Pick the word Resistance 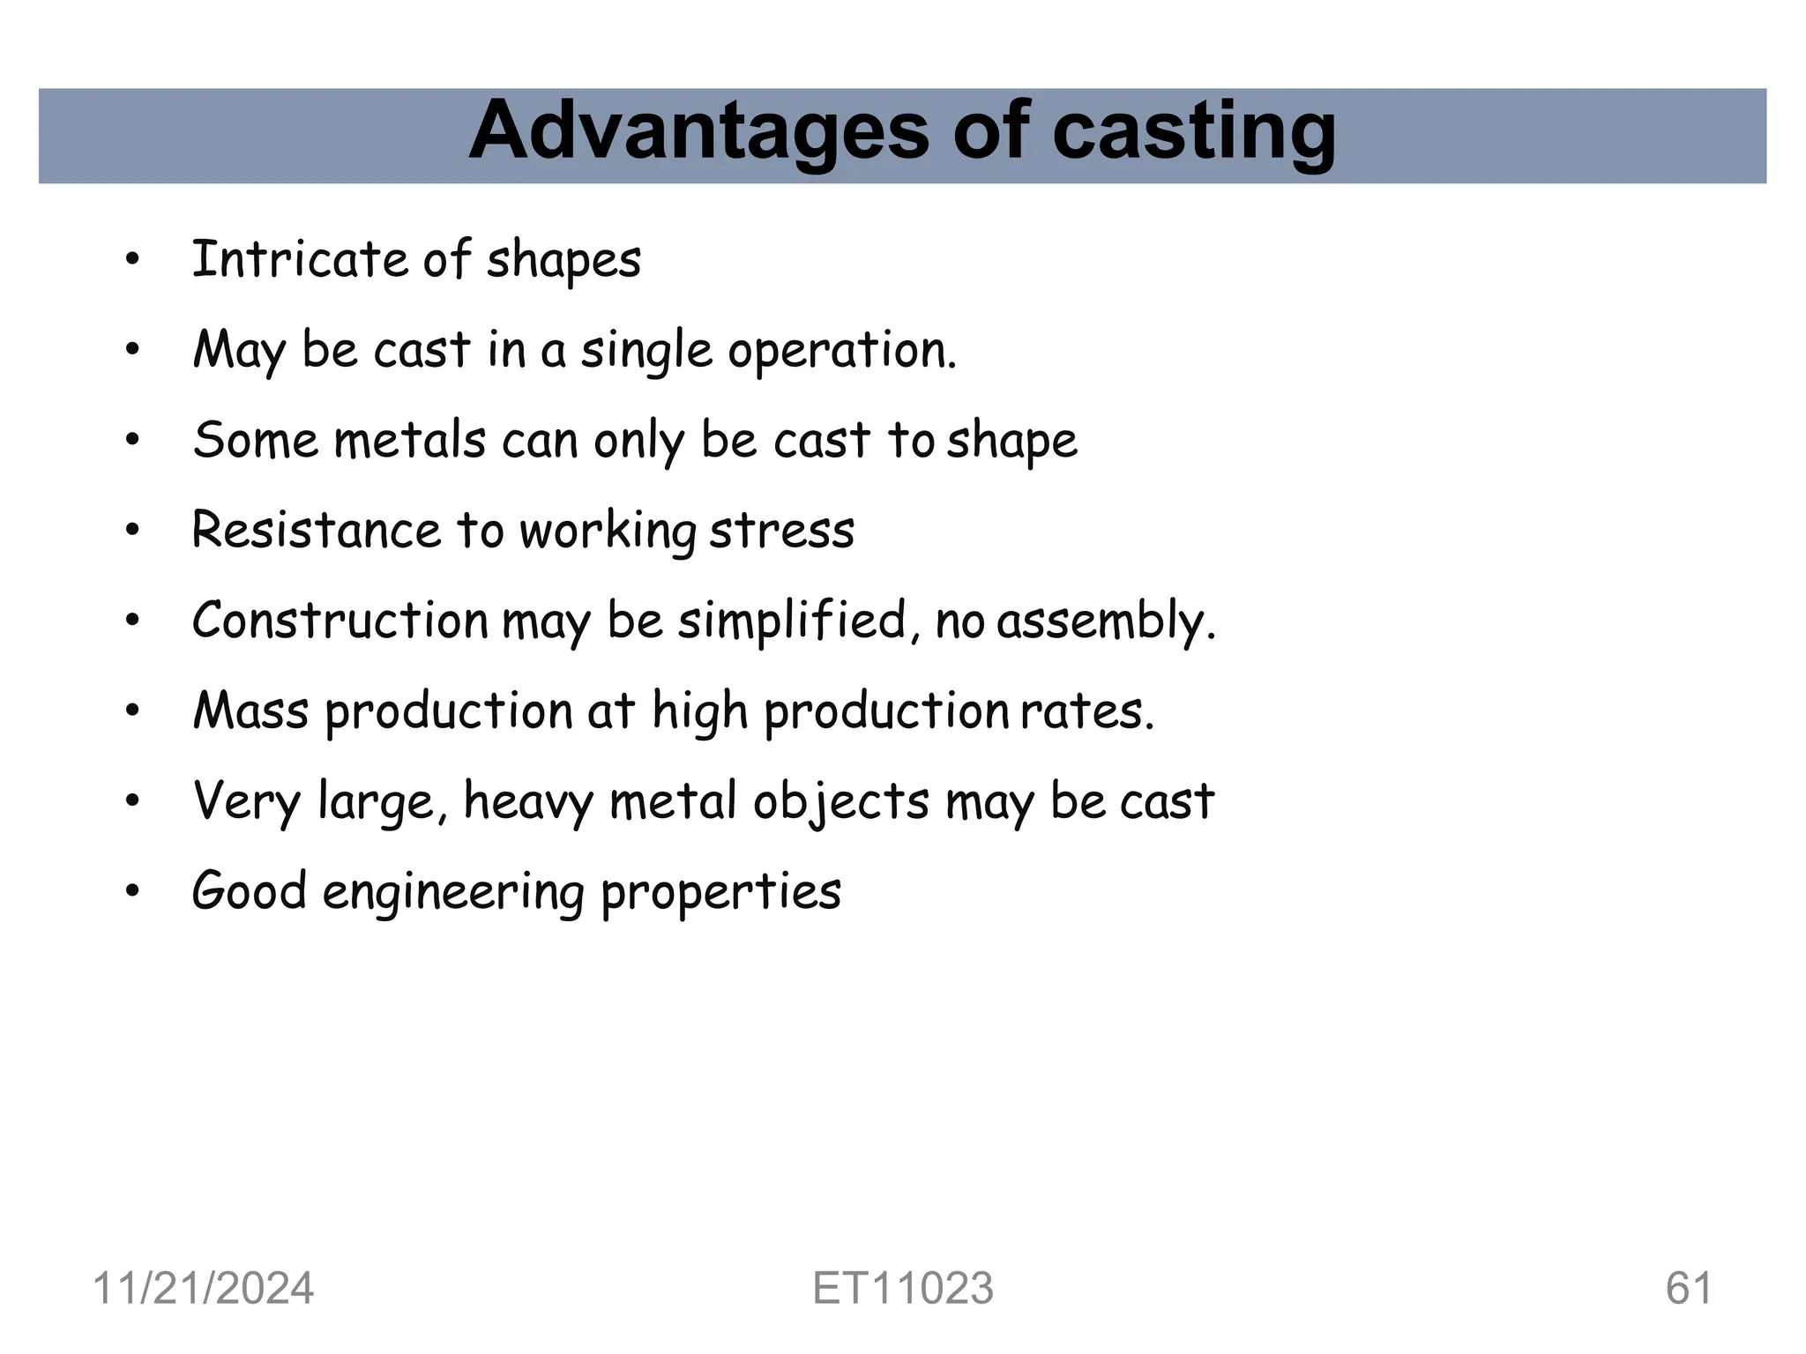pos(316,530)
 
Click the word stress pos(781,531)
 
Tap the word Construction pos(340,620)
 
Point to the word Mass pos(250,710)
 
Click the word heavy pos(528,802)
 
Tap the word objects pos(841,802)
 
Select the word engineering pos(453,893)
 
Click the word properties pos(720,893)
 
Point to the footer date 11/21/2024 pos(203,1288)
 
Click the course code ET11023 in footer pos(903,1288)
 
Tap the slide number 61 pos(1689,1288)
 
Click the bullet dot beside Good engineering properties pos(132,892)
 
